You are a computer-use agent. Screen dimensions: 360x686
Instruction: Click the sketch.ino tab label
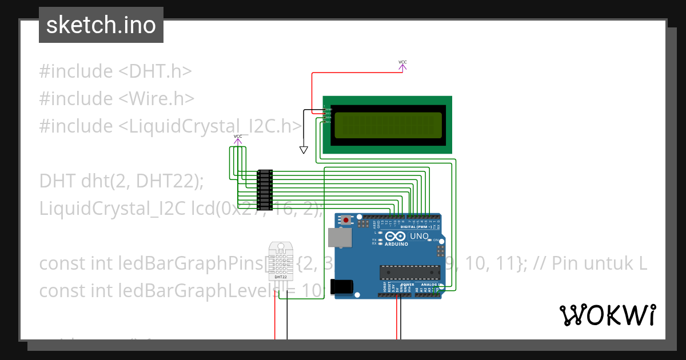(x=101, y=25)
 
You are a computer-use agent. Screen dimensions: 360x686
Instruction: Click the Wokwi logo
(x=607, y=315)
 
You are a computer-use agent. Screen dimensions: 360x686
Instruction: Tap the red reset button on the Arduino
(x=346, y=220)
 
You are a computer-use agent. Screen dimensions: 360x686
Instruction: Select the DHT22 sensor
(x=280, y=263)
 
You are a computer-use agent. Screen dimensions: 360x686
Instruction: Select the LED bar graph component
(x=265, y=189)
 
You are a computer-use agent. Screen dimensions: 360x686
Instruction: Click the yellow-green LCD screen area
(x=388, y=126)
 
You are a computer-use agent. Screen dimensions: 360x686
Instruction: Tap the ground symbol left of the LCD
(x=304, y=150)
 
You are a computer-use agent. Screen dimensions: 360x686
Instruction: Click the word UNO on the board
(x=419, y=235)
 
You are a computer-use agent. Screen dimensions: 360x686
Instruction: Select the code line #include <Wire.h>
(x=117, y=99)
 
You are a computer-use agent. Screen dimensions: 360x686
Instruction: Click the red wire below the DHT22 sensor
(x=275, y=320)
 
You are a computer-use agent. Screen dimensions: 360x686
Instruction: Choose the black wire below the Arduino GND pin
(x=401, y=320)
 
